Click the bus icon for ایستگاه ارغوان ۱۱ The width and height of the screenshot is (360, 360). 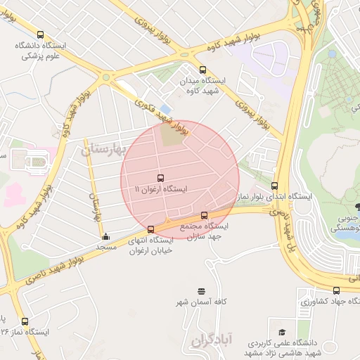click(161, 178)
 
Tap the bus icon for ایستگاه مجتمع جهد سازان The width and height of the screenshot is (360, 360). click(205, 215)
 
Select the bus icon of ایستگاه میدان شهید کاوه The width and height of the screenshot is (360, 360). click(203, 70)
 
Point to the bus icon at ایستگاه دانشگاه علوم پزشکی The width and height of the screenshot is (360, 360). click(40, 34)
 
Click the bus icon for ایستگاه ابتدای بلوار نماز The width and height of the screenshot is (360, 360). click(275, 186)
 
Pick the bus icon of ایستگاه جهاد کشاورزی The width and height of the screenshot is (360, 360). click(336, 290)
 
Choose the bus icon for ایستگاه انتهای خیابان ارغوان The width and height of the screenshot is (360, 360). click(151, 229)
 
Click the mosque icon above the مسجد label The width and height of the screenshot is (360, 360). click(105, 237)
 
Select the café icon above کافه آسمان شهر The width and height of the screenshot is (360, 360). click(202, 291)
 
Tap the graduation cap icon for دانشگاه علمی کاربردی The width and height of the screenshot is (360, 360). click(282, 332)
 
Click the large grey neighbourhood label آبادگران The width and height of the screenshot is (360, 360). click(210, 340)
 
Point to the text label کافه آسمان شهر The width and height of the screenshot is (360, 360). click(202, 302)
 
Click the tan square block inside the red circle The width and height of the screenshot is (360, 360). click(172, 136)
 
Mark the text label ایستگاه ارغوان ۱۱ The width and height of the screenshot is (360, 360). click(161, 190)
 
